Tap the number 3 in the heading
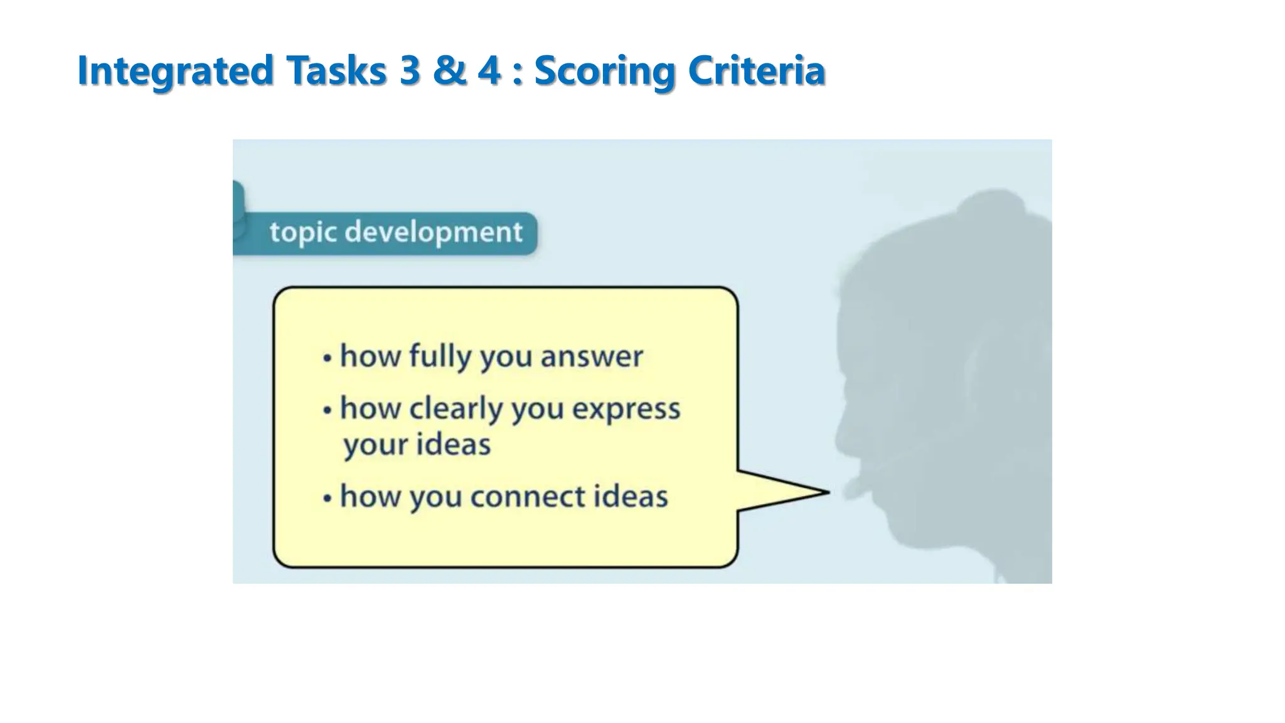point(408,70)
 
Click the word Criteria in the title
point(756,70)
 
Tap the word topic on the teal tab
point(303,232)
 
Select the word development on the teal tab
point(434,232)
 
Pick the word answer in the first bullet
point(592,356)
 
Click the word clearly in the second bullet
point(456,409)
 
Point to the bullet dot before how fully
point(327,358)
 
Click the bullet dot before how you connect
point(327,498)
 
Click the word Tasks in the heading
point(336,70)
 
